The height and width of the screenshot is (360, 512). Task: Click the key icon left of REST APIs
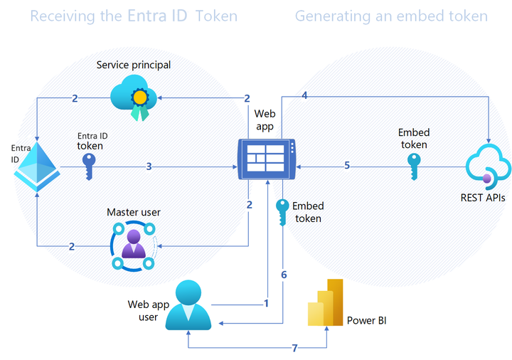coord(414,167)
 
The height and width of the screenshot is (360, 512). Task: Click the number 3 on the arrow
coord(149,167)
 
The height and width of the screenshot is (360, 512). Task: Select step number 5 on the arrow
coord(347,166)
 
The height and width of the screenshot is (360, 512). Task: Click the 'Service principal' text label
coord(134,65)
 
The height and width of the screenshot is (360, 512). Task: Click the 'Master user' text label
coord(134,212)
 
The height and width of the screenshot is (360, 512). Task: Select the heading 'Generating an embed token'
coord(391,16)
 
